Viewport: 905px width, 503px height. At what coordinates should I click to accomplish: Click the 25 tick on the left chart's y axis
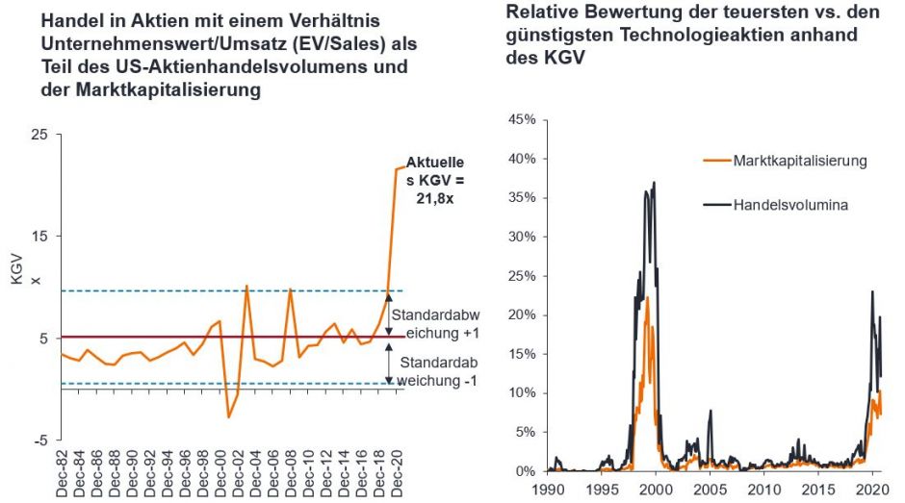pyautogui.click(x=39, y=135)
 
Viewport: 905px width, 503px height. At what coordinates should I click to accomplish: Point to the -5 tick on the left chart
pyautogui.click(x=40, y=440)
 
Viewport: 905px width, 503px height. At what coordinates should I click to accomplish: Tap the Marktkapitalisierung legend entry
pyautogui.click(x=799, y=161)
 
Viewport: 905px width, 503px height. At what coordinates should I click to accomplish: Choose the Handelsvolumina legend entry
pyautogui.click(x=785, y=205)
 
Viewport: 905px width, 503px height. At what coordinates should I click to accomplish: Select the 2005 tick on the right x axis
pyautogui.click(x=710, y=489)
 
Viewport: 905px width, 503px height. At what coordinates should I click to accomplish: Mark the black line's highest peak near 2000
pyautogui.click(x=655, y=183)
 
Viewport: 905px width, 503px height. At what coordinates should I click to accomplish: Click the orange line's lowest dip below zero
pyautogui.click(x=228, y=416)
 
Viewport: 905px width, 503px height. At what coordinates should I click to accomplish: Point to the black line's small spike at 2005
pyautogui.click(x=711, y=412)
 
